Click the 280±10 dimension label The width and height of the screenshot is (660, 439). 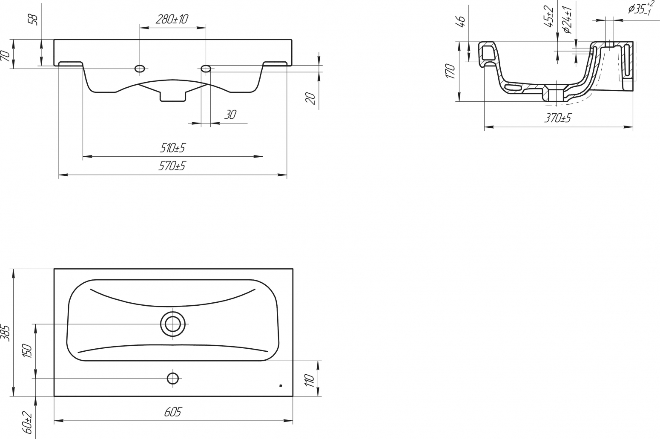[x=172, y=20]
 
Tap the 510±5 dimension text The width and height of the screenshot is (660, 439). [x=172, y=148]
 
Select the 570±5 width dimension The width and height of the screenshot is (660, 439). [x=172, y=166]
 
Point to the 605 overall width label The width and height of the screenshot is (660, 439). [x=173, y=412]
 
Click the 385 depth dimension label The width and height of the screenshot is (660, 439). [x=6, y=333]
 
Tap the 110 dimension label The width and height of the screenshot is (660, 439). [x=310, y=381]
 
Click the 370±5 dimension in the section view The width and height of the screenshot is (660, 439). [x=557, y=118]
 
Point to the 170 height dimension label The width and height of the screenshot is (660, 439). [x=451, y=71]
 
